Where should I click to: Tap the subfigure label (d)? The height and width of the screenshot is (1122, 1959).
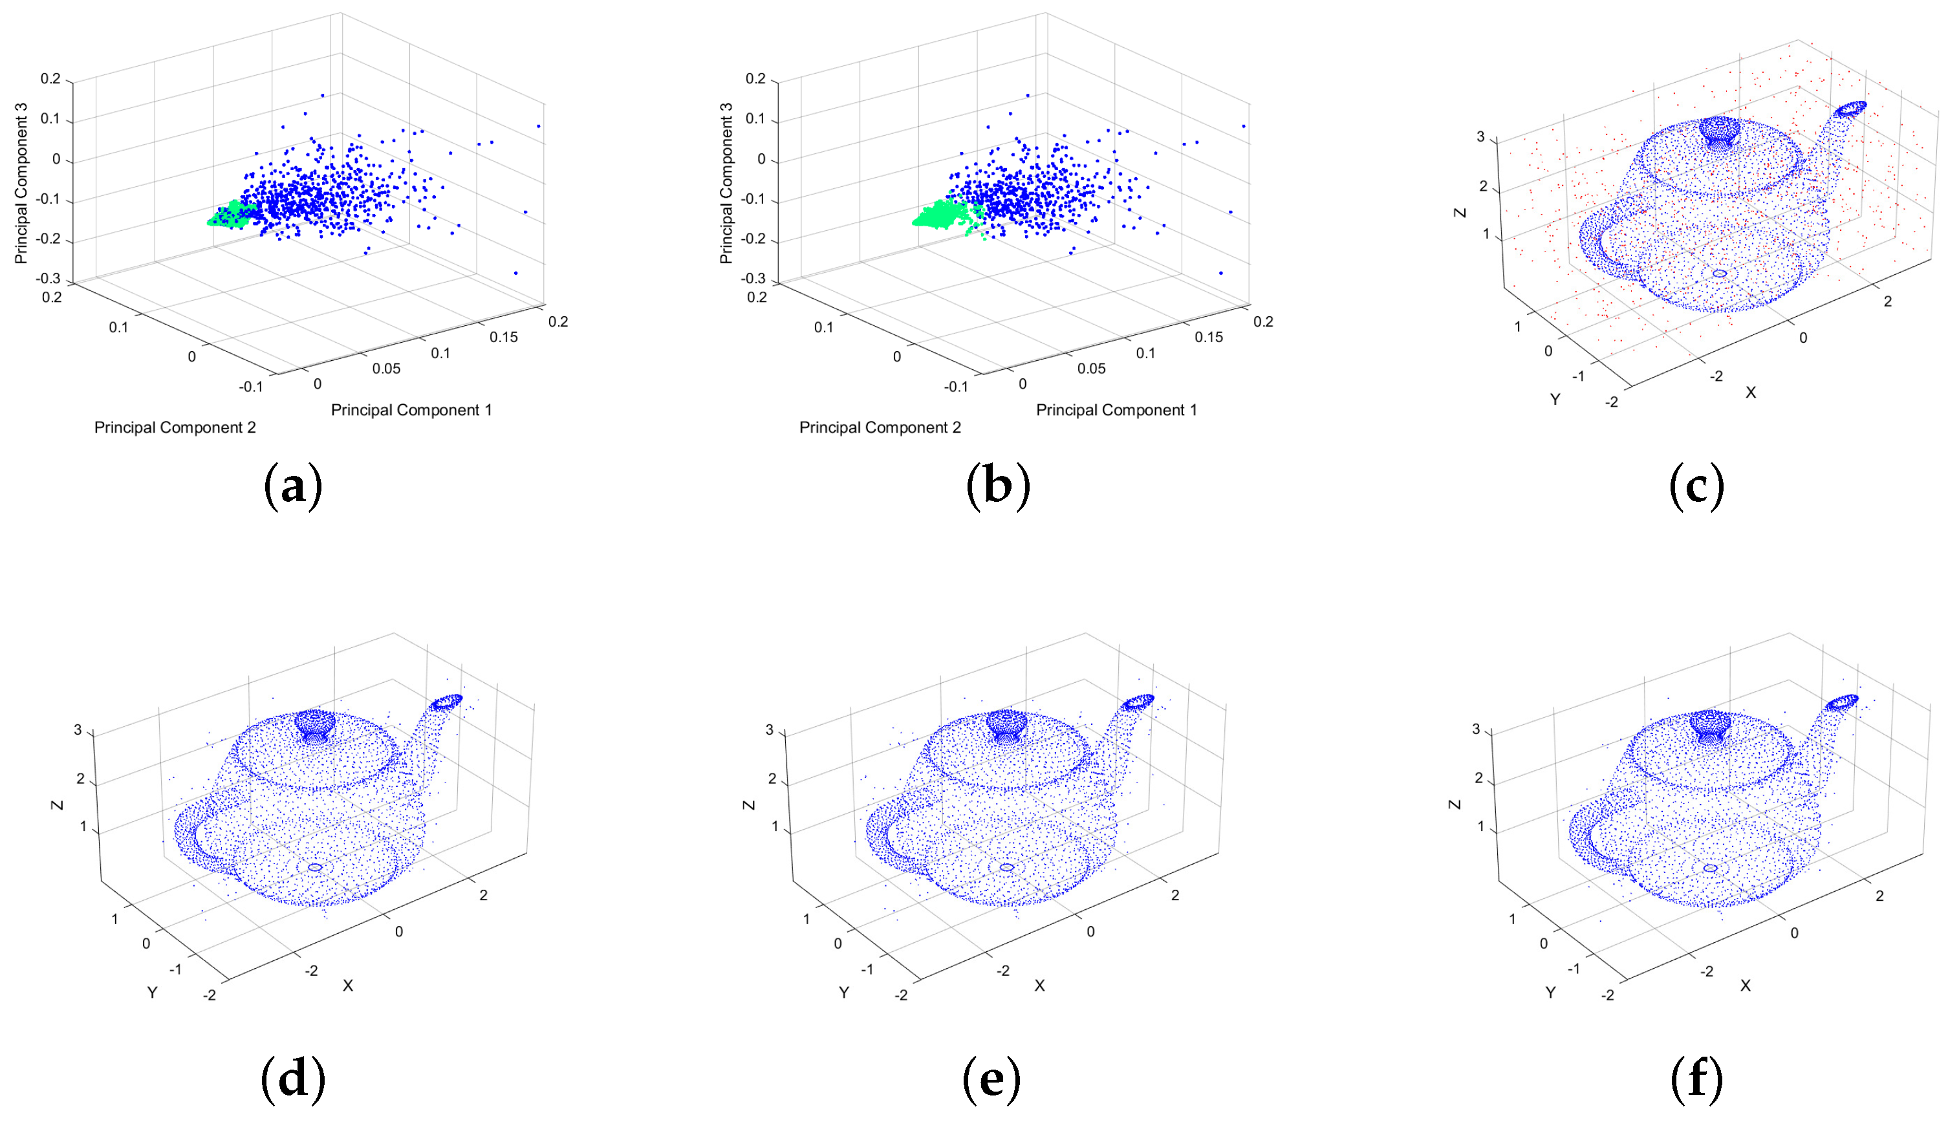tap(293, 1079)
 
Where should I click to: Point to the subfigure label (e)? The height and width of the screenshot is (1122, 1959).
tap(992, 1079)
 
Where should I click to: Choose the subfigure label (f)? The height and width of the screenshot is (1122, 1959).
tap(1696, 1079)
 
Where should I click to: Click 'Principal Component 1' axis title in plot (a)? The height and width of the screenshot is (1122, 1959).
tap(411, 410)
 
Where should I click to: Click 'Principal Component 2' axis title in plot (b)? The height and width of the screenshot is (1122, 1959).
tap(880, 427)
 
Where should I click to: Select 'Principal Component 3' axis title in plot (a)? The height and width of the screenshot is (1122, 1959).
tap(21, 184)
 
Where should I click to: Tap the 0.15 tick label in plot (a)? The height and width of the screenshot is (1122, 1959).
tap(503, 338)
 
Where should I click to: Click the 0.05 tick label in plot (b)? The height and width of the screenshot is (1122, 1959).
tap(1090, 369)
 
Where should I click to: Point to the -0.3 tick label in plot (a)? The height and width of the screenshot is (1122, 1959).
tap(48, 278)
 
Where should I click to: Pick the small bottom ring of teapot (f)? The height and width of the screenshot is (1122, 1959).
tap(1710, 868)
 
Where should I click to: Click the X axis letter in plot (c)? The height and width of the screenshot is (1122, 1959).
tap(1750, 393)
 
